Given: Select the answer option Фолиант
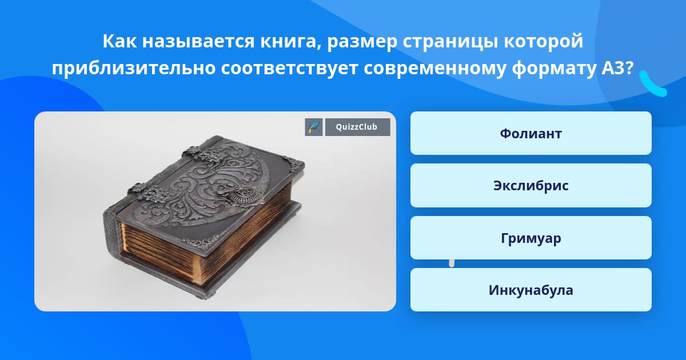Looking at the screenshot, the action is [531, 133].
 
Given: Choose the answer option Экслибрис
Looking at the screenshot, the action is [531, 186].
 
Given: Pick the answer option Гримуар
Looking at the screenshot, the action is [531, 238].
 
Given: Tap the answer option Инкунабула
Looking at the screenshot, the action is [531, 290].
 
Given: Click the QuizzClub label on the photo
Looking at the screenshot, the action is [357, 127].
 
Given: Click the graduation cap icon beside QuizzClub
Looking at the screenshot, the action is [314, 127].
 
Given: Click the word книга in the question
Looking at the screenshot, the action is [290, 41].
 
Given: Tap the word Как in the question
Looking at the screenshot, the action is [119, 41].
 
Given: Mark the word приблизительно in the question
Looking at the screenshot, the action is [134, 69].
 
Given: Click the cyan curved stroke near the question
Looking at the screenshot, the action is [652, 85].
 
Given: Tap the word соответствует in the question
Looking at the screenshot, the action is [289, 69].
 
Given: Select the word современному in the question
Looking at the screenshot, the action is [435, 69].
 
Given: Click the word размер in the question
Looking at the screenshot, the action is [362, 42].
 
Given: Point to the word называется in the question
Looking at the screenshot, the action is [198, 41].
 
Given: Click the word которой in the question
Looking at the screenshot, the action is [544, 42].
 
